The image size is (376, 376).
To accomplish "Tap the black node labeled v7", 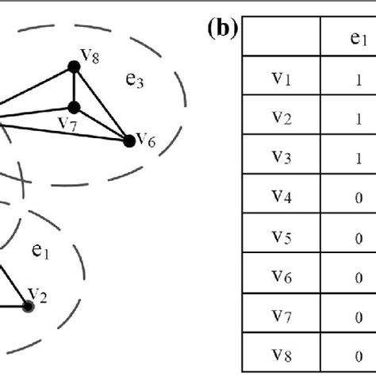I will click(x=74, y=107).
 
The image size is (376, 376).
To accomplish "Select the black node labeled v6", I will click(x=129, y=141).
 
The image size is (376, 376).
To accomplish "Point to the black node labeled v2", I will click(x=29, y=306).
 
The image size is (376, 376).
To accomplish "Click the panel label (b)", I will click(x=221, y=29).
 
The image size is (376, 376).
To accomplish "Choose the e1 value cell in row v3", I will click(x=359, y=159).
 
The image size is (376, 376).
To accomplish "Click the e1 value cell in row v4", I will click(x=359, y=198).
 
